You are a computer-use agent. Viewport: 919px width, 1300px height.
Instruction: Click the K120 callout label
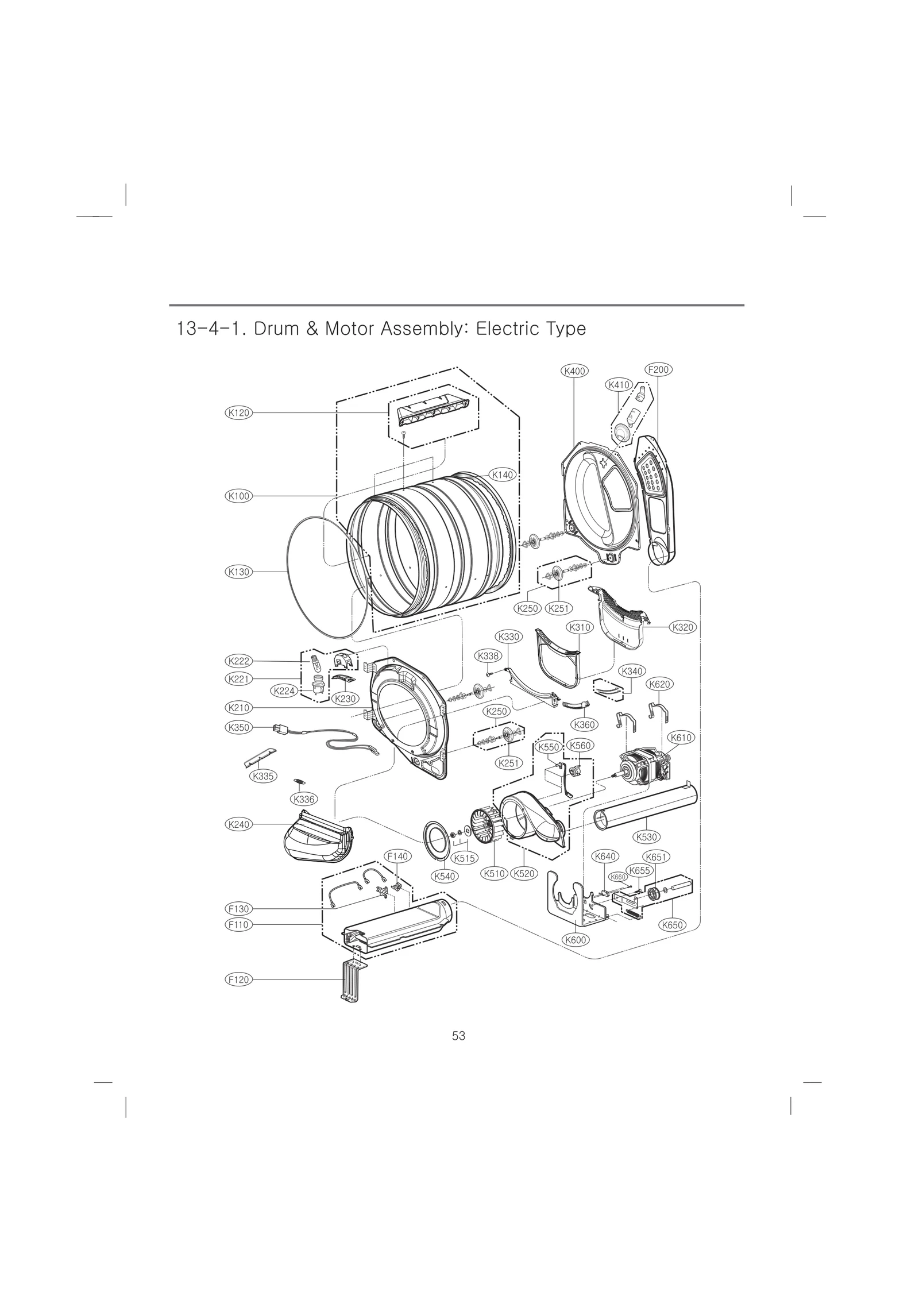point(238,412)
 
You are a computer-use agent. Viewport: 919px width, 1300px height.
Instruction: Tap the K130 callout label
point(238,572)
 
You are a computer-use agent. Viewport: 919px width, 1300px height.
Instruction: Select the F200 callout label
point(658,369)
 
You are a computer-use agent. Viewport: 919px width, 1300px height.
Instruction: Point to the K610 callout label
point(681,737)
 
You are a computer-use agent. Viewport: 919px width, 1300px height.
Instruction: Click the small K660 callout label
point(617,893)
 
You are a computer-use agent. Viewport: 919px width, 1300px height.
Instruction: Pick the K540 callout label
point(445,892)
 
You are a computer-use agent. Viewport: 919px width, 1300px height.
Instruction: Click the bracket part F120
point(352,981)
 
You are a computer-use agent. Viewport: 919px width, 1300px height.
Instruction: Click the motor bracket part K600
point(574,908)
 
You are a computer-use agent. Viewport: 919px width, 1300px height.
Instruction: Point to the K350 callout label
point(238,727)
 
